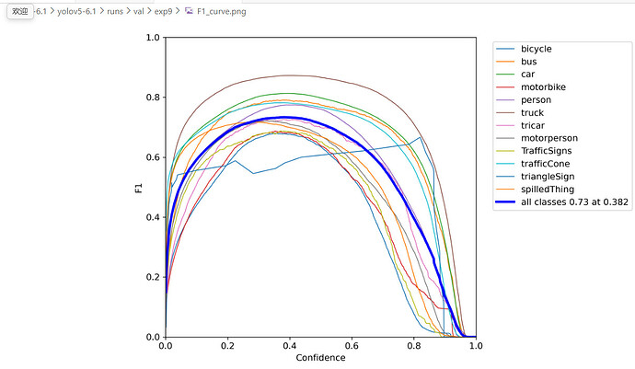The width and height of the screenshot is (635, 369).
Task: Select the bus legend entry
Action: point(529,61)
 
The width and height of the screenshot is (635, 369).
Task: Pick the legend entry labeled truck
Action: point(532,112)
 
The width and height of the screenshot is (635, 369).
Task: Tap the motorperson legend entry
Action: point(548,138)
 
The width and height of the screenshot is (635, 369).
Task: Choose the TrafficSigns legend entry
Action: point(547,151)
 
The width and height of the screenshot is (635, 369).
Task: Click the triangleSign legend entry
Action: point(548,177)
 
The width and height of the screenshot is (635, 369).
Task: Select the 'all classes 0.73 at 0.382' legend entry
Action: point(574,202)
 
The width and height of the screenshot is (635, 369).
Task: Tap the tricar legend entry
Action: point(533,125)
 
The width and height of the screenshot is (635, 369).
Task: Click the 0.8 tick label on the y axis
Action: point(153,98)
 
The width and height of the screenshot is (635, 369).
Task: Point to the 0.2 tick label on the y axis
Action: point(153,277)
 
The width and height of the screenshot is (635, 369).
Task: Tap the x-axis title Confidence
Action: point(320,358)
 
